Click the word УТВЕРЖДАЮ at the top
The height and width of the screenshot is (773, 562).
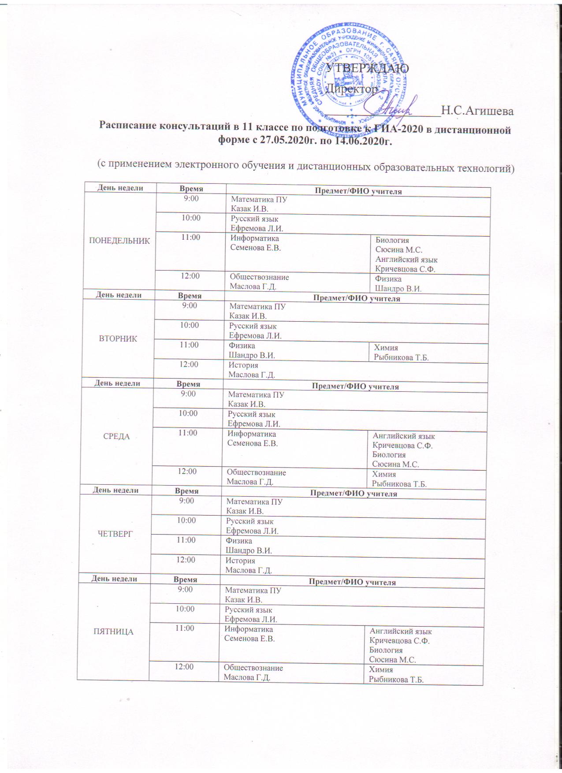point(367,68)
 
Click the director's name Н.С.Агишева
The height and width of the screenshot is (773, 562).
point(477,111)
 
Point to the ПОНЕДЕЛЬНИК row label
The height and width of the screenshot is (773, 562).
point(119,241)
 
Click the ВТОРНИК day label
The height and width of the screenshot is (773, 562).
point(119,339)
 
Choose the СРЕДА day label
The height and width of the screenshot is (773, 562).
point(116,436)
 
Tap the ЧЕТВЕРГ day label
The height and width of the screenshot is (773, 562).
point(115,534)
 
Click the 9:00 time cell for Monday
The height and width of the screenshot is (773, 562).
point(191,199)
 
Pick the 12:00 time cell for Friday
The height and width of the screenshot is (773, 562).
point(185,667)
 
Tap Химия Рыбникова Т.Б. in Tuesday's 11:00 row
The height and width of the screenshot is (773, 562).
point(401,353)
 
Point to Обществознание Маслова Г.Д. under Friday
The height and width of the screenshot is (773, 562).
point(253,673)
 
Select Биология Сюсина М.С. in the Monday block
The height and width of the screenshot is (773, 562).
point(398,245)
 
